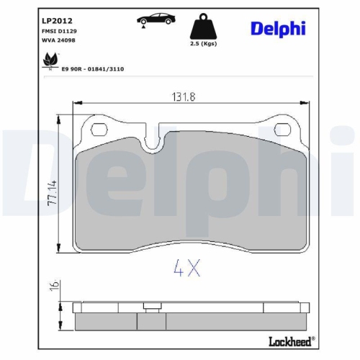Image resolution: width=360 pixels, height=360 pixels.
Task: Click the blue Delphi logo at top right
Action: [277, 28]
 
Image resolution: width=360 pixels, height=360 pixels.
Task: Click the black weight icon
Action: [204, 30]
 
